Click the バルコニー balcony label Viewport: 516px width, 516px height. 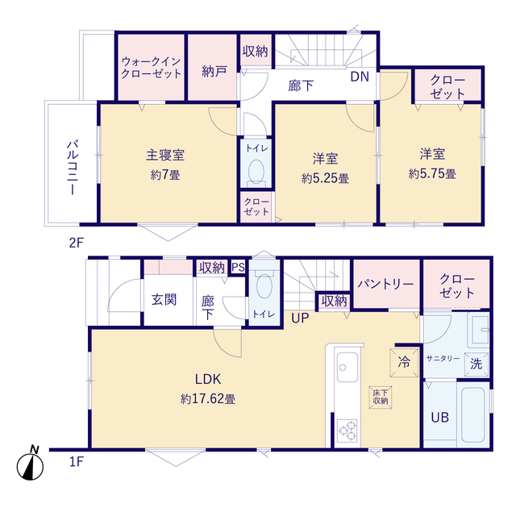pos(72,168)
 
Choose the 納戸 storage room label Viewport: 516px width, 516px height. pos(214,69)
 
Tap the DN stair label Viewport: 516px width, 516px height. pos(360,77)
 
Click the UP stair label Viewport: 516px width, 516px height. pos(300,318)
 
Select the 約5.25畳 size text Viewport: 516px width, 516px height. pos(325,178)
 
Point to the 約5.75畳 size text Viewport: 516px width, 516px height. pos(432,173)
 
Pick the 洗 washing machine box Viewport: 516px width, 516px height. pos(476,364)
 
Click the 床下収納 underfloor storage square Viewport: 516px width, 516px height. pos(380,395)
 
